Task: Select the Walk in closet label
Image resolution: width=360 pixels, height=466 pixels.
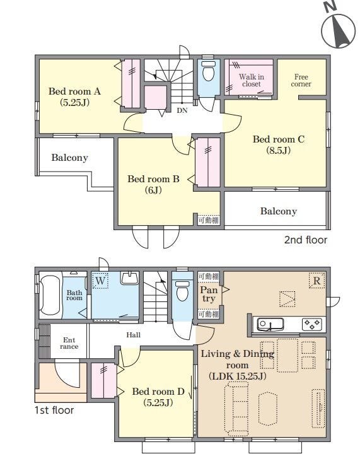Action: pos(252,80)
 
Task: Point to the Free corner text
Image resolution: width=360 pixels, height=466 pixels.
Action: pos(301,80)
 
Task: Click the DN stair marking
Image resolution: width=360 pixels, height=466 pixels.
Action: pos(182,110)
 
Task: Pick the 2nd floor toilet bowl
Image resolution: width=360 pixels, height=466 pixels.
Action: pos(208,71)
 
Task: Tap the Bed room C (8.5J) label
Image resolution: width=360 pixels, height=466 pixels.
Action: pos(278,145)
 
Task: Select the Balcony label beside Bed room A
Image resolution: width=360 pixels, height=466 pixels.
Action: pos(69,158)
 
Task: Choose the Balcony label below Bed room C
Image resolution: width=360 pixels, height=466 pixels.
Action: pos(278,211)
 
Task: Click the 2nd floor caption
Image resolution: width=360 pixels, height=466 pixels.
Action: pos(306,240)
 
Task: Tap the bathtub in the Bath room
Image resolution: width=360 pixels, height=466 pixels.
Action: pos(50,295)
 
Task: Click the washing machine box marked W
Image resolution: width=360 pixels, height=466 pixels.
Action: pos(100,281)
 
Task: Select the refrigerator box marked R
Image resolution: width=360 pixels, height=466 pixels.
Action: pos(316,280)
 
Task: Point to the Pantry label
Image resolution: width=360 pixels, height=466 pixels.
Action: pos(209,294)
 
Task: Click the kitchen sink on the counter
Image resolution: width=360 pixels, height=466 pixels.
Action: pos(270,324)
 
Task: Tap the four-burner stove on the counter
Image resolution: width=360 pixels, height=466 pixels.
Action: pos(312,324)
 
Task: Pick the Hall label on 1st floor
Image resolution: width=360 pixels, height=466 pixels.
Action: pos(134,335)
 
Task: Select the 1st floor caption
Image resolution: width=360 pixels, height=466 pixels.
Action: pos(54,410)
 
